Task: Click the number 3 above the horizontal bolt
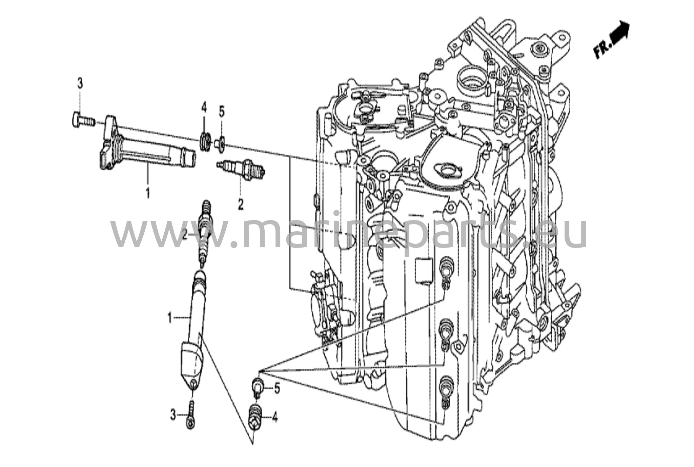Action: point(80,83)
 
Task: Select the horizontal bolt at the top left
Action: point(82,119)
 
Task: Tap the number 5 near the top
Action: point(221,112)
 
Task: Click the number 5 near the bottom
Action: point(277,388)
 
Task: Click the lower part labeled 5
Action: point(258,387)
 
